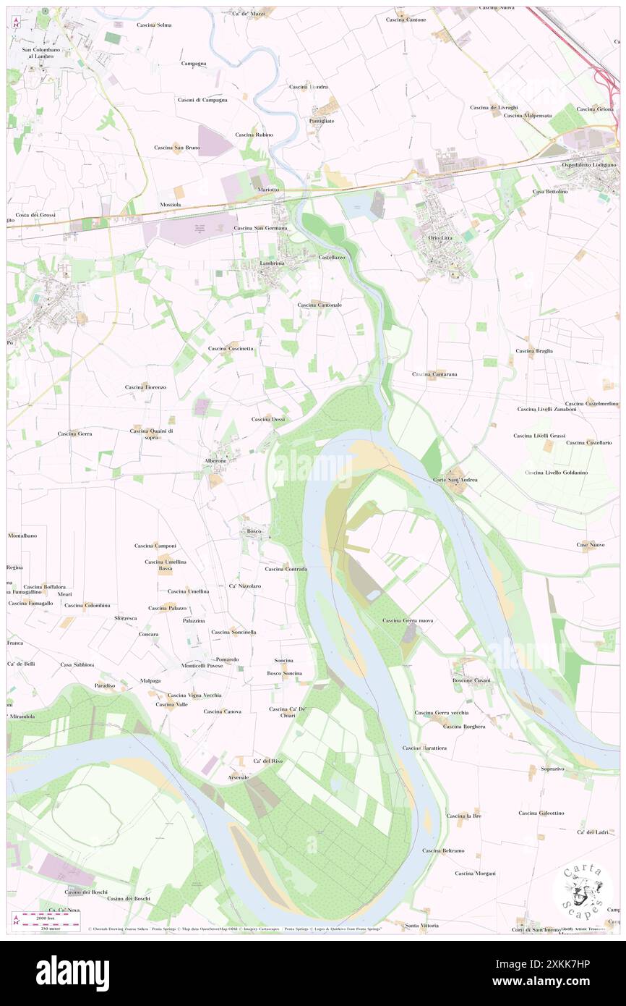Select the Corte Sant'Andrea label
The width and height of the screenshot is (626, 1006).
coord(455,480)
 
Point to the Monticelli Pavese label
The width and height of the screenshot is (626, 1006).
coord(202,665)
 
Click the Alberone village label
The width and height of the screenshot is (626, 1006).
coord(215,460)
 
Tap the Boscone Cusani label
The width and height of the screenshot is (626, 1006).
coord(471,680)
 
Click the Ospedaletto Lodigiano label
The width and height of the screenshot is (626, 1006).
coord(589,165)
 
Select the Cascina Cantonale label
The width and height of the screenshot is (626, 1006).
coord(319,305)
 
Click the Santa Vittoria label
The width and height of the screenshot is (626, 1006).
coord(422,926)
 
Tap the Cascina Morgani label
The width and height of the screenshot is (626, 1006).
coord(475,873)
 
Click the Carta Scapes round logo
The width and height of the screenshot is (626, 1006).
coord(582,891)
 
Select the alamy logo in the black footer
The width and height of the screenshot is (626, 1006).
coord(72,973)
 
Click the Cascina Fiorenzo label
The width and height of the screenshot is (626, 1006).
coord(145,387)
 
